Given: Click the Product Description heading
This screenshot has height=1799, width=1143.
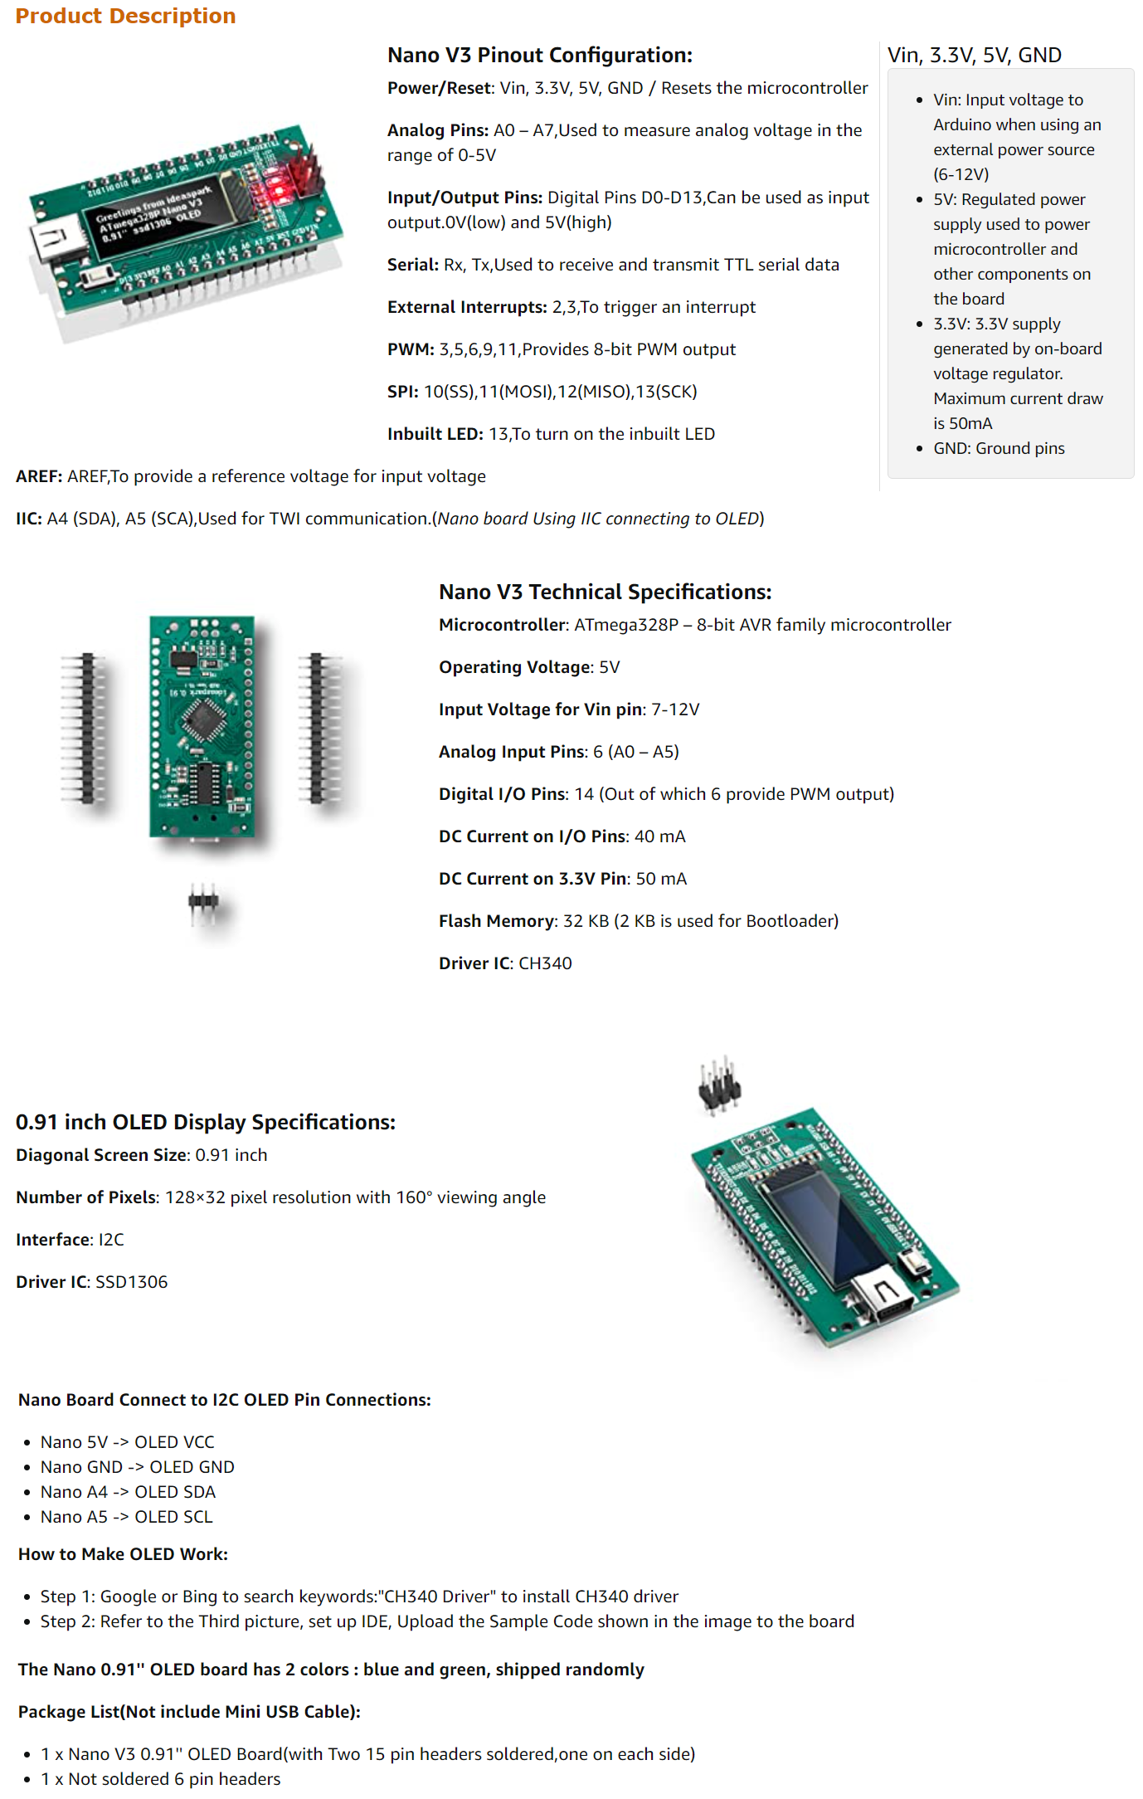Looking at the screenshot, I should coord(125,16).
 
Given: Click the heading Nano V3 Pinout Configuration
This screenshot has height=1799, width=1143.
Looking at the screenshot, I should coord(539,55).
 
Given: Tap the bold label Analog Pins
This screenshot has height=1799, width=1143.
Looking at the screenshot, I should coord(437,130).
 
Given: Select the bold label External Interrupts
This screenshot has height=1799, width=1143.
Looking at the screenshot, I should coord(466,307).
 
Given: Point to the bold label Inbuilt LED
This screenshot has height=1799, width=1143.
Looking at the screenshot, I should coord(435,434).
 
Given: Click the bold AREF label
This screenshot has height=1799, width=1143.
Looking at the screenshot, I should coord(39,476).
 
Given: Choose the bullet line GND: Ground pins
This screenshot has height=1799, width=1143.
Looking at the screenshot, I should coord(999,448).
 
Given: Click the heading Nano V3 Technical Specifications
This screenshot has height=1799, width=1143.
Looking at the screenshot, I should coord(605,592).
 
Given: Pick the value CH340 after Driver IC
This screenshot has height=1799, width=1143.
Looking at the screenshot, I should coord(545,963).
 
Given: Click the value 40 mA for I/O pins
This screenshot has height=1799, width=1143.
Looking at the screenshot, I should coord(659,836).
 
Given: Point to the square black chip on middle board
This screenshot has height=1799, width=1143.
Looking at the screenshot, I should coord(202,719).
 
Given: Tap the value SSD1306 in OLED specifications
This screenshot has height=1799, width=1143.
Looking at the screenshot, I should coord(131,1282).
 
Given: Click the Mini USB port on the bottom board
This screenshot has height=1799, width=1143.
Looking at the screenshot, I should coord(884,1291).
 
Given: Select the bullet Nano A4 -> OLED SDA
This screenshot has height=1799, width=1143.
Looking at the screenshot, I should coord(128,1492).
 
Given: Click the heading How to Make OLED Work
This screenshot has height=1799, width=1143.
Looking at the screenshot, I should coord(123,1554).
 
